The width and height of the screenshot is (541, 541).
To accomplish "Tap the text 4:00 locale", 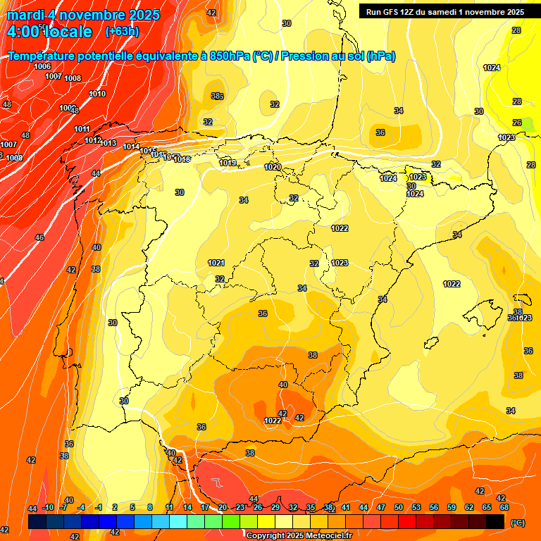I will pyautogui.click(x=49, y=32).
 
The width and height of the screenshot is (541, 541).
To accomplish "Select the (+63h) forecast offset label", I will pyautogui.click(x=122, y=32).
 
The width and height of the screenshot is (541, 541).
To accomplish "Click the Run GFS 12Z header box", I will pyautogui.click(x=442, y=11).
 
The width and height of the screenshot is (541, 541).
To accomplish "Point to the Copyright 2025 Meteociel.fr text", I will pyautogui.click(x=299, y=535).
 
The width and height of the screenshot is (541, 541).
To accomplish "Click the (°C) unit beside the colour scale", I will pyautogui.click(x=517, y=523).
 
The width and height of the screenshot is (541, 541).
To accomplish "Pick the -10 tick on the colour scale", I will pyautogui.click(x=48, y=507).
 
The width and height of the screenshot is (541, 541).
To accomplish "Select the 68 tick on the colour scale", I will pyautogui.click(x=504, y=507).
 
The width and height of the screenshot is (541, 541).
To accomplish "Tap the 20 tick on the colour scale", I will pyautogui.click(x=223, y=507).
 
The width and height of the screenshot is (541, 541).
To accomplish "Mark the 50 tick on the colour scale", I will pyautogui.click(x=399, y=507).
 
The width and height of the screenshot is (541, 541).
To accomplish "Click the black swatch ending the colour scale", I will pyautogui.click(x=495, y=521).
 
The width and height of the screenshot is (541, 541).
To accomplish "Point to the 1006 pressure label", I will pyautogui.click(x=42, y=66).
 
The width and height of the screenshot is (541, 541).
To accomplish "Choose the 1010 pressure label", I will pyautogui.click(x=97, y=94).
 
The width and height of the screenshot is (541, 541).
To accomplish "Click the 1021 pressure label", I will pyautogui.click(x=216, y=263).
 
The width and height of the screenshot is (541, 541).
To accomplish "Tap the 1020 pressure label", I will pyautogui.click(x=273, y=167).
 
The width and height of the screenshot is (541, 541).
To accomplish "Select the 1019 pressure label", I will pyautogui.click(x=228, y=163).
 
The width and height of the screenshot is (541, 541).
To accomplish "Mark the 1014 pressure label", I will pyautogui.click(x=131, y=147).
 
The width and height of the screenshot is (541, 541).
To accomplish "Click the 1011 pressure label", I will pyautogui.click(x=82, y=129).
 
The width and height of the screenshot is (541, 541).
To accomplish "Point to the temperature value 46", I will pyautogui.click(x=39, y=237).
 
